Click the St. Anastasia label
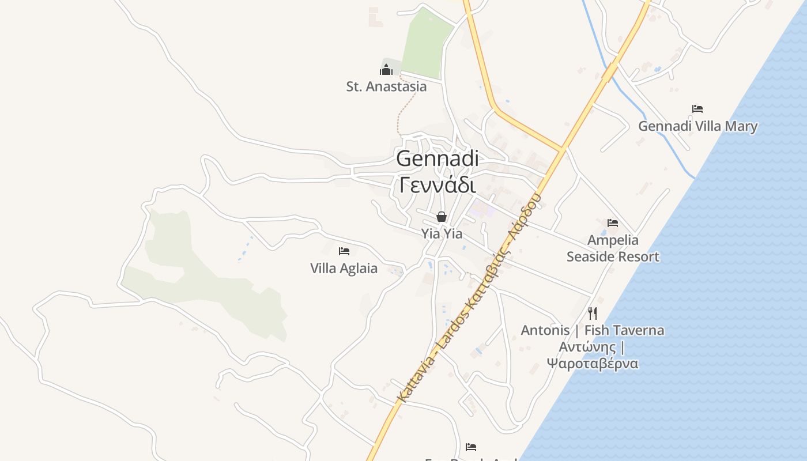386,87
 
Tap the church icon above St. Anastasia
386,70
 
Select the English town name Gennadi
438,158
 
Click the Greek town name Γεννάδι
438,186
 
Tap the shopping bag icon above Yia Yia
442,217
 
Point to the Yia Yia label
442,233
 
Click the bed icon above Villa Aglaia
344,251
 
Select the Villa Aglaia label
344,269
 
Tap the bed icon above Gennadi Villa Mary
697,108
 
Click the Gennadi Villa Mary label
697,126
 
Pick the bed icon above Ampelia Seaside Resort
613,222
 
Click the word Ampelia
613,240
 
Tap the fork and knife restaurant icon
593,313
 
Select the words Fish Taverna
624,331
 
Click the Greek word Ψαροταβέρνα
593,364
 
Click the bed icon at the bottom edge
471,447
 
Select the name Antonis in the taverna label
545,331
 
